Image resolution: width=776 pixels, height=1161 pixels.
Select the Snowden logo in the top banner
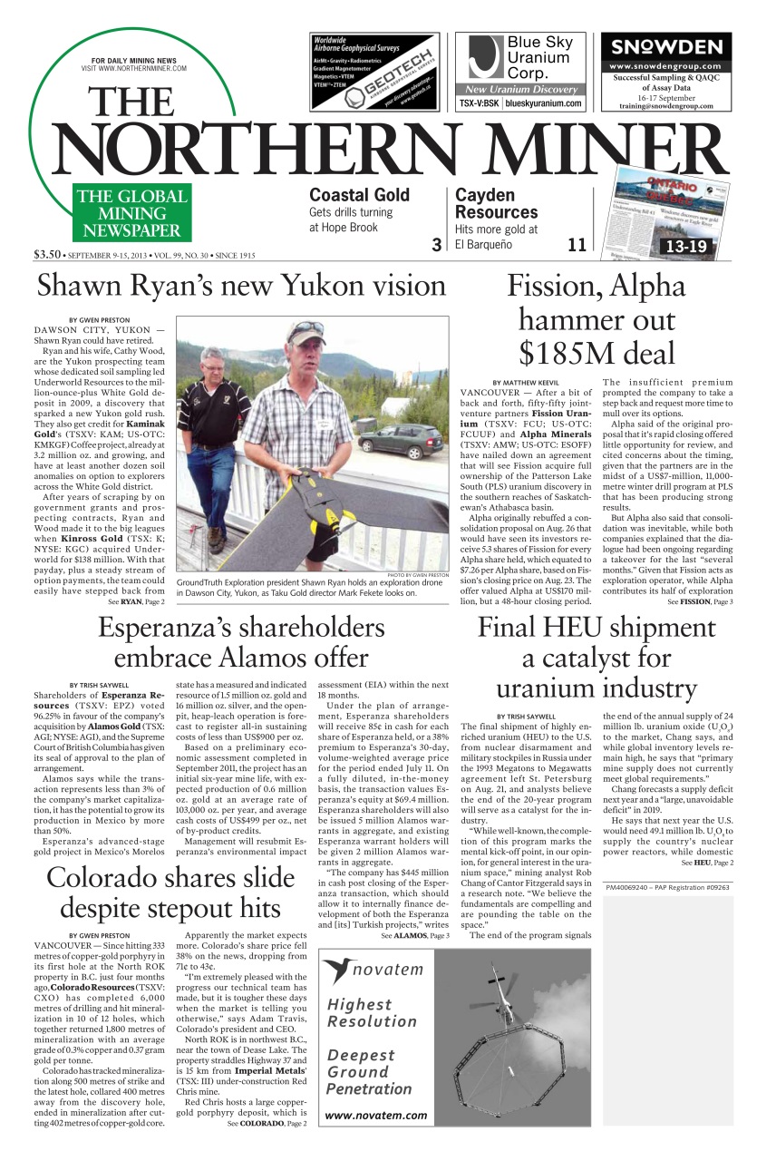point(665,48)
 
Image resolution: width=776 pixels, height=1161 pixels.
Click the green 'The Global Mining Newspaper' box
point(131,213)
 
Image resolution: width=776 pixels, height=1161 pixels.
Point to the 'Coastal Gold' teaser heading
point(359,195)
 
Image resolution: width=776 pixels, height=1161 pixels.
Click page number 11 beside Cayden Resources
point(577,244)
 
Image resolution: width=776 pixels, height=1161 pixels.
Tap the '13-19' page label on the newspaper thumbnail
point(687,245)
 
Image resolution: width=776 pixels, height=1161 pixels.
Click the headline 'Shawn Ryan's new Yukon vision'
point(241,286)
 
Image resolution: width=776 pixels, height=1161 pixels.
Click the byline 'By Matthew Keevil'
point(526,383)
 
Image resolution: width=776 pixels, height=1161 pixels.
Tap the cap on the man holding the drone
point(306,333)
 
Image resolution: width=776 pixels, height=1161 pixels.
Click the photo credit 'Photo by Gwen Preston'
point(417,575)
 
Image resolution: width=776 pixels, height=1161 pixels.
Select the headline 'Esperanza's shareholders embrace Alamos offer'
point(241,642)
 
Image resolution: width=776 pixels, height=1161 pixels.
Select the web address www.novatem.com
point(375,1115)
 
